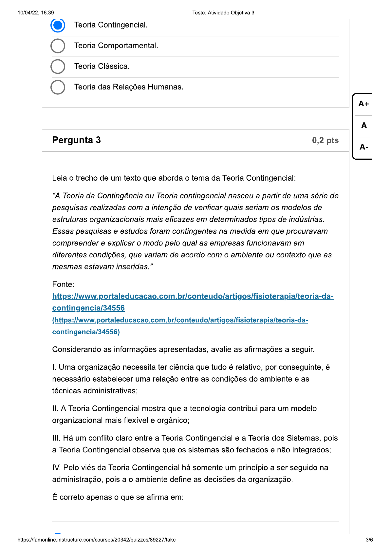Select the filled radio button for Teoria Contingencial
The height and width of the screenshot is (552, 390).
coord(58,25)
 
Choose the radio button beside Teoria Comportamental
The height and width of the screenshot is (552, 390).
coord(58,46)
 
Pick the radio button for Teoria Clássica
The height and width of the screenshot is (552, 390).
coord(58,67)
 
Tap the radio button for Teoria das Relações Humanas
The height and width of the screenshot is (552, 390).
coord(58,87)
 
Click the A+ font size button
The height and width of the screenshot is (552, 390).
coord(363,104)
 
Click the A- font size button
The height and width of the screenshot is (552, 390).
coord(363,147)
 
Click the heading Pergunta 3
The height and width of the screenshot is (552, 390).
coord(77,140)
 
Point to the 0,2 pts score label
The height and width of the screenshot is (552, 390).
coord(325,141)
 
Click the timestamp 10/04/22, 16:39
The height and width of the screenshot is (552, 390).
coord(36,13)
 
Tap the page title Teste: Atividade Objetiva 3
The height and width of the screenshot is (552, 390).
coord(223,13)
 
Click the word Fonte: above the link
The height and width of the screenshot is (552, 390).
coord(63,285)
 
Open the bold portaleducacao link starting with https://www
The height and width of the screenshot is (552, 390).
coord(193,296)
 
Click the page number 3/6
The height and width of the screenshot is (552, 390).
coord(369,540)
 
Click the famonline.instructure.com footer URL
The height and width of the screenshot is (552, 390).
coord(97,540)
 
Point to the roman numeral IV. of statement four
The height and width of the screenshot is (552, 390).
coord(56,468)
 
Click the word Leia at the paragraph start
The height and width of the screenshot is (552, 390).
coord(60,178)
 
